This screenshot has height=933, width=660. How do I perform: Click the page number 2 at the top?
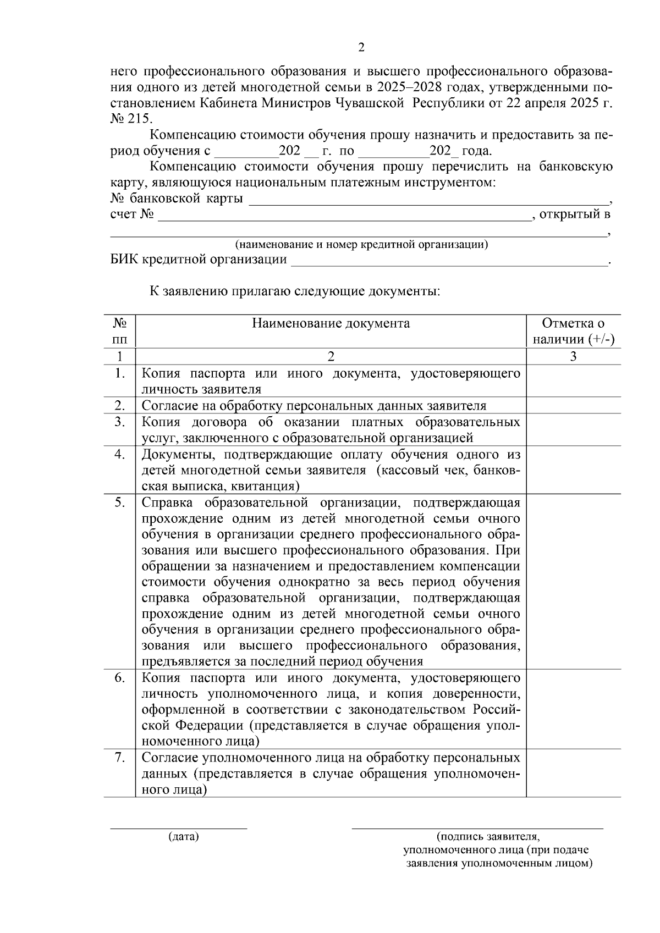tap(361, 47)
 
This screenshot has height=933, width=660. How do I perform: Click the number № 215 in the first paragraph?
tap(132, 119)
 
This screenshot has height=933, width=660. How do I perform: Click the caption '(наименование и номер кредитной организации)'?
tap(361, 244)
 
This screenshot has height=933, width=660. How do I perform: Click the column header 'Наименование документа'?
tap(331, 323)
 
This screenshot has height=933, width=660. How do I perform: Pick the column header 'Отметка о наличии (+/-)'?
tap(573, 331)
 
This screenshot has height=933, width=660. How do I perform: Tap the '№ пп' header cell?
tap(119, 331)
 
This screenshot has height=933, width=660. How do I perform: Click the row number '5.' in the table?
tap(120, 503)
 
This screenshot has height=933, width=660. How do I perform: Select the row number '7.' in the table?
tap(120, 758)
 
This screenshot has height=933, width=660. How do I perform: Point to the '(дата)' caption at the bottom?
tap(183, 837)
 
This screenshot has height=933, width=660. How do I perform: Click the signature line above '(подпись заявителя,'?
tap(477, 828)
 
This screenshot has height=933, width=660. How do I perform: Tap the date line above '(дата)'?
tap(179, 828)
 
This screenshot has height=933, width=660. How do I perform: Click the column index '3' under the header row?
tap(573, 356)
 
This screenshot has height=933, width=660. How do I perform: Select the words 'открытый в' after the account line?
tap(575, 214)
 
